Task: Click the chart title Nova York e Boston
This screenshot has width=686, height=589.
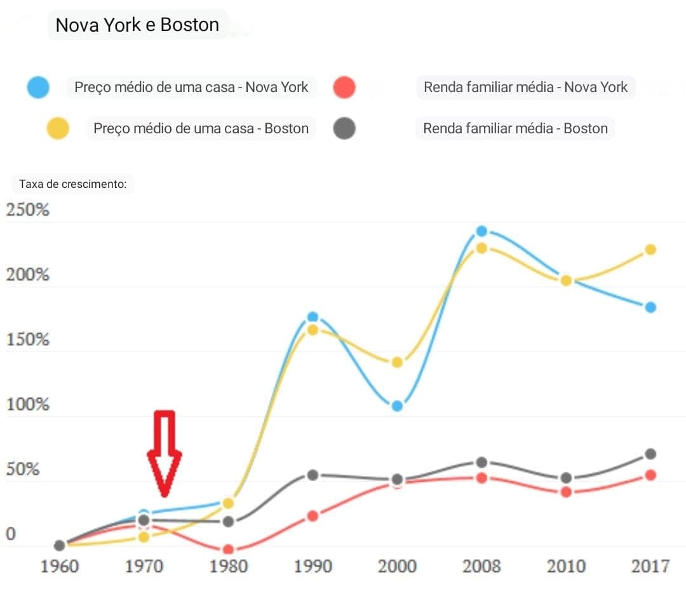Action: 137,25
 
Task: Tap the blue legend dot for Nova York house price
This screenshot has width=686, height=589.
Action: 38,87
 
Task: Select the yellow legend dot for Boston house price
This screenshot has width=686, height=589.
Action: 57,128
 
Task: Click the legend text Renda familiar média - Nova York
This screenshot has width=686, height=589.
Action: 525,87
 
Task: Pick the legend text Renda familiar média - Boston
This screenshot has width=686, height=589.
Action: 515,128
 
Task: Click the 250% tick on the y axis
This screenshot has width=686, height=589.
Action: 28,210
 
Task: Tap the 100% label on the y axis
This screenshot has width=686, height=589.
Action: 28,404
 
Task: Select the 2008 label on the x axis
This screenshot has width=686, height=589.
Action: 481,566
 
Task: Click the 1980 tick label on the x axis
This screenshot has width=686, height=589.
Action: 228,566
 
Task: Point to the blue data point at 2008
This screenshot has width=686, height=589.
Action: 481,232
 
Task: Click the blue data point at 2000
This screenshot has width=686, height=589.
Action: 397,406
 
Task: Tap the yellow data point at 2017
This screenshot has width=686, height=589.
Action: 650,249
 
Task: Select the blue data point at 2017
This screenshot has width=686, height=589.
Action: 650,307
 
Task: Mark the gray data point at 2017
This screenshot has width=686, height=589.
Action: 650,454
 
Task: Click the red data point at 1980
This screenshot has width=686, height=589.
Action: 228,550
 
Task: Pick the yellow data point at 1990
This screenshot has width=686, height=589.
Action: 313,330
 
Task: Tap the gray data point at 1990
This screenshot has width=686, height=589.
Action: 313,475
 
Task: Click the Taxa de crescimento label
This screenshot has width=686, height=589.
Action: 73,184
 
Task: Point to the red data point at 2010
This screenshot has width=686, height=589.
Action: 566,492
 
